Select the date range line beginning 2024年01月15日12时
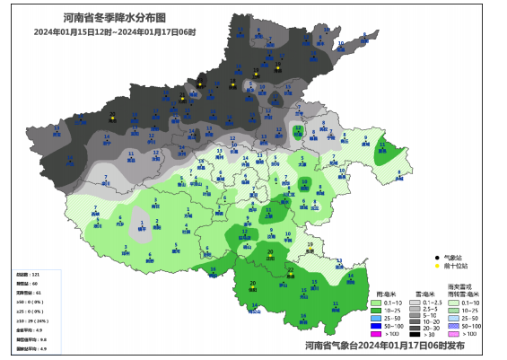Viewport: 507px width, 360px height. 115,31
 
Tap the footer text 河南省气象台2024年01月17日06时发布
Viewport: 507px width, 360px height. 384,344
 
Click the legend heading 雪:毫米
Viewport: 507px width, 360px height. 426,294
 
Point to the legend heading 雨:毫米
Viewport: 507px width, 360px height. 387,294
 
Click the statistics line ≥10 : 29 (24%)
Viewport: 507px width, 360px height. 32,320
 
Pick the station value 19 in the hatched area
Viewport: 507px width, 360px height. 310,244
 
